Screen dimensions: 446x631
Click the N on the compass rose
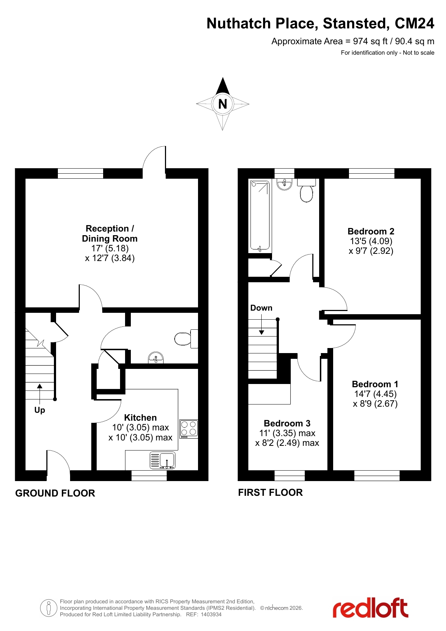pos(223,104)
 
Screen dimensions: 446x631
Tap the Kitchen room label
pos(141,417)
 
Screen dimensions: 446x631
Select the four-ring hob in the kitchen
pos(189,429)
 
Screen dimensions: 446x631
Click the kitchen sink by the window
pos(162,461)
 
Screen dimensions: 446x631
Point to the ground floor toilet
pos(186,339)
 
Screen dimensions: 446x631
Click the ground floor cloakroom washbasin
pos(156,358)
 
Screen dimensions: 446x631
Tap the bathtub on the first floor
pos(260,216)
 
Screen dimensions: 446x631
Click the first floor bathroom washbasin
pos(284,184)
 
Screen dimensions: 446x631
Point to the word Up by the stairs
pos(40,410)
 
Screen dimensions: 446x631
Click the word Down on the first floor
pos(261,308)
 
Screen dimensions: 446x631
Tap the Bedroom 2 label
pos(371,231)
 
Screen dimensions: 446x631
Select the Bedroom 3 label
pos(287,423)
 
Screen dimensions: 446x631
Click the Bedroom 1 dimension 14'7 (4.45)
pos(375,394)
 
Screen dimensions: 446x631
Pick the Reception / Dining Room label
pos(110,233)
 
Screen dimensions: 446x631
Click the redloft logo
pos(370,608)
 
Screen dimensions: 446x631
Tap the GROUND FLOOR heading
pos(55,493)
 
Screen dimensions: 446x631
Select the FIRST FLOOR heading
pos(270,492)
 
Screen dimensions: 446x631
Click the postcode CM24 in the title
pos(414,23)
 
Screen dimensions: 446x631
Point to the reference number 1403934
pos(211,614)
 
